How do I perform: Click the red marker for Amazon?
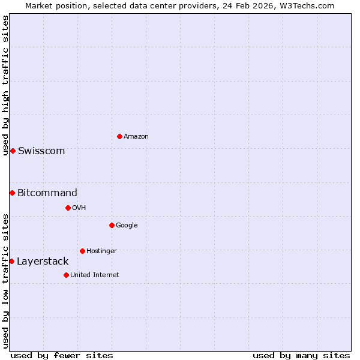tap(119, 136)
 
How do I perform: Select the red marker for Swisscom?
tap(13, 151)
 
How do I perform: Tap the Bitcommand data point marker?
tap(12, 193)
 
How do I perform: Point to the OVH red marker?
tap(68, 208)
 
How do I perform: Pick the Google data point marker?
tap(112, 225)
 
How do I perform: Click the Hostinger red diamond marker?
tap(82, 251)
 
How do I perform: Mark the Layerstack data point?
tap(11, 261)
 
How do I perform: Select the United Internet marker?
tap(66, 275)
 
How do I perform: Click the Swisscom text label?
tap(41, 151)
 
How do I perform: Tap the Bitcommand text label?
tap(47, 193)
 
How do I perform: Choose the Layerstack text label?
tap(43, 262)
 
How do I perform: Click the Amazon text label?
tap(136, 137)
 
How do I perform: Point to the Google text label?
tap(127, 226)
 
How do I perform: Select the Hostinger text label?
tap(101, 251)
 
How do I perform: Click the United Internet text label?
tap(94, 275)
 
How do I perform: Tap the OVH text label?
tap(79, 208)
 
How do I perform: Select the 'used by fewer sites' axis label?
tap(62, 355)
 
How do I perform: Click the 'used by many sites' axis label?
tap(301, 355)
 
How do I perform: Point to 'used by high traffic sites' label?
tap(6, 86)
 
